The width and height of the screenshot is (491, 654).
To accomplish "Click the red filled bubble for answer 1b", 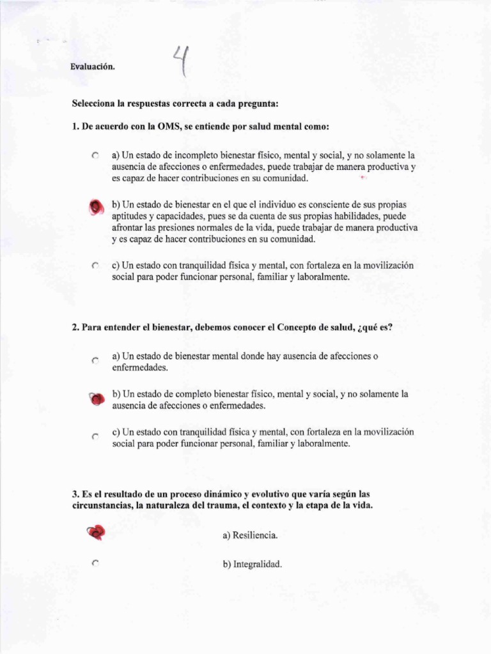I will pos(95,206).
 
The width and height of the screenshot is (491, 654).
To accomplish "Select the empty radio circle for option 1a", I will pos(95,155).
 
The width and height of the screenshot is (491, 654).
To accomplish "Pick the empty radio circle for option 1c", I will pos(95,266).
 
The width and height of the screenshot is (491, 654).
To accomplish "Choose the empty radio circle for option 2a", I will pos(95,361).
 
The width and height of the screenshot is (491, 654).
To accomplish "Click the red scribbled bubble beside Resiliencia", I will pos(95,531).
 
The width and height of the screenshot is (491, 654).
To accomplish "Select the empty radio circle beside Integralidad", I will pos(95,563).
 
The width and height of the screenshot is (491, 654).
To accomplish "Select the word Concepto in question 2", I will pos(295,328).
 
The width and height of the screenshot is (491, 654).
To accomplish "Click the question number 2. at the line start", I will pos(75,328).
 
